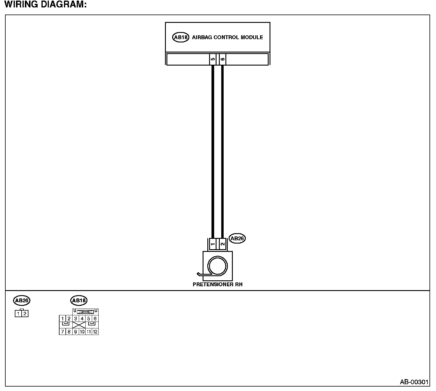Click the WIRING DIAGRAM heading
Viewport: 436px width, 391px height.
[46, 5]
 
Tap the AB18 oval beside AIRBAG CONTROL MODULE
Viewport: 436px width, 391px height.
[180, 37]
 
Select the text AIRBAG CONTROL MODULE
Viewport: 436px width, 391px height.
[227, 37]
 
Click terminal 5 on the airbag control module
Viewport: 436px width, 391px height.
[213, 59]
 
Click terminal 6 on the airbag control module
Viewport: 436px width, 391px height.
[222, 59]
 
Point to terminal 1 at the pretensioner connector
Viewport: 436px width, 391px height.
[213, 244]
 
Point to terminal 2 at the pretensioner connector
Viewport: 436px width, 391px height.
[222, 244]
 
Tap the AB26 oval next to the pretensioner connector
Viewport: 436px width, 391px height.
[237, 238]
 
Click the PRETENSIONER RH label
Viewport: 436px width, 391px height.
[217, 284]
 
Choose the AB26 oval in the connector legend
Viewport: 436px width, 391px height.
[22, 301]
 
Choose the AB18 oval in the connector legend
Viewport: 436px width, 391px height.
[78, 301]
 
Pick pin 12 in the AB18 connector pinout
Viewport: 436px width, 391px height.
[95, 332]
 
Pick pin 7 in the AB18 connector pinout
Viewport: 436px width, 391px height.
[62, 332]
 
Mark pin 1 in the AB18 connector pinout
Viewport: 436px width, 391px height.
[62, 319]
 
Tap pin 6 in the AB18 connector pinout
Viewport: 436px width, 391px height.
[95, 319]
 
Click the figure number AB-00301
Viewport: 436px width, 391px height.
[414, 382]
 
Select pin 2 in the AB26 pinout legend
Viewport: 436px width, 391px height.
[25, 314]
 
